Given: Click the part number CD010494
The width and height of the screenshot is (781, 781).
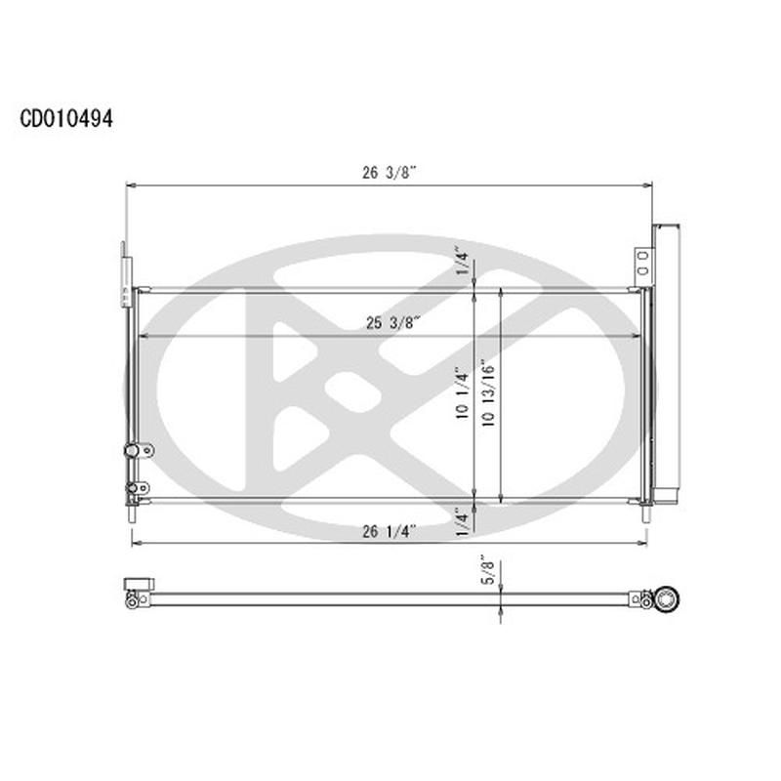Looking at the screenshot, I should [x=66, y=119].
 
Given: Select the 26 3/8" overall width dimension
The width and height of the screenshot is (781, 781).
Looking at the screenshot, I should [x=390, y=174].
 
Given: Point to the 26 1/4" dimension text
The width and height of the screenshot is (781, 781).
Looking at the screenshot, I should [x=390, y=531].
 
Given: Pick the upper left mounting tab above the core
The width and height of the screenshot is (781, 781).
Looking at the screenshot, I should [x=124, y=268].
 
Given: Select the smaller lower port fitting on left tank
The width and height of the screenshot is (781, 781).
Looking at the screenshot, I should [x=137, y=485].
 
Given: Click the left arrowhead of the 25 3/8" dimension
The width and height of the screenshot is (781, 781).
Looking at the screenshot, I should [x=144, y=336].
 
